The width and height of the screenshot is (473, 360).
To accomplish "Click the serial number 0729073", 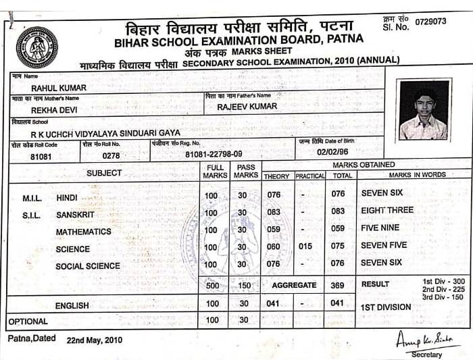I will coord(430,22).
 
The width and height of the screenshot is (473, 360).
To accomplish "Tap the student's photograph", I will coord(423,109).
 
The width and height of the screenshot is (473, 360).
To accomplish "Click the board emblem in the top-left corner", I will coord(36,47).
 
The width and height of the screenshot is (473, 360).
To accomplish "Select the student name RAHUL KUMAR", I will coord(59,88).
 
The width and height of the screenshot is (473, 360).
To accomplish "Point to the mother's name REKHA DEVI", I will coord(54,110).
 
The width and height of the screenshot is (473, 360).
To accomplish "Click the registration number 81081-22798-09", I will coord(214,155).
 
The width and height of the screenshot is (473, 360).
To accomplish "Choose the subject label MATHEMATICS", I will coord(84,232).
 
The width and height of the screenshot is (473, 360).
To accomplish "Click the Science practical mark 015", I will coord(305,247).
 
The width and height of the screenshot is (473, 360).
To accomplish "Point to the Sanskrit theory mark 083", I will coord(273,212).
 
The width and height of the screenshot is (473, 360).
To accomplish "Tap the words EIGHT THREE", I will coord(387,211).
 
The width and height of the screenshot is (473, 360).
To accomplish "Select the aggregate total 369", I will coord(342,285).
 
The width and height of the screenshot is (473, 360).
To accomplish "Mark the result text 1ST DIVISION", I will coord(385,307).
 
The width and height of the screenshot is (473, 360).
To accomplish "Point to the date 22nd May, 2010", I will coord(95,340).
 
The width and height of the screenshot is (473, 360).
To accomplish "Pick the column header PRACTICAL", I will coord(309,176).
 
